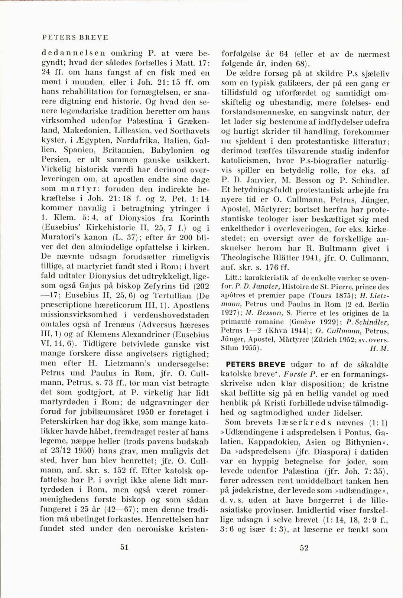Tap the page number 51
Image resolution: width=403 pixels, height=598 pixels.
(x=124, y=547)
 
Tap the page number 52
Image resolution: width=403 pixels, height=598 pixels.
(x=304, y=547)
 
